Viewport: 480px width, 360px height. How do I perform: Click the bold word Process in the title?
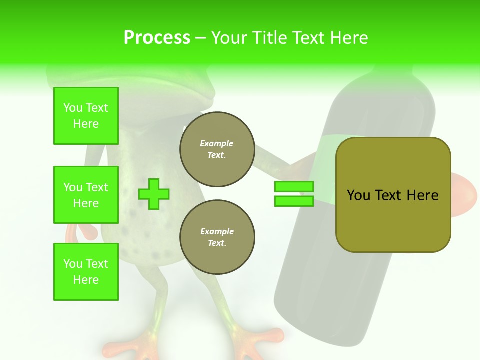(157, 38)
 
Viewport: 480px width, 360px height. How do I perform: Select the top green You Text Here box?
(86, 116)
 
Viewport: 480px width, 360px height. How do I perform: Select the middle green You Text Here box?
(86, 195)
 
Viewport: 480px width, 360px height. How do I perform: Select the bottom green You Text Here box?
(86, 272)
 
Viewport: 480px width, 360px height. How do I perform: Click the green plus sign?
(154, 194)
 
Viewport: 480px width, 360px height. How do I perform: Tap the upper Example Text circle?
(217, 149)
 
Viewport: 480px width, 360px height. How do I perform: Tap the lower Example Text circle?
(217, 237)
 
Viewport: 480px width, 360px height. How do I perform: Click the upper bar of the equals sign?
(294, 187)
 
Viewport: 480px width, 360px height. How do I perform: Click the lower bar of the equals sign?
(294, 201)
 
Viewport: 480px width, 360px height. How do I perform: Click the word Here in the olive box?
(422, 195)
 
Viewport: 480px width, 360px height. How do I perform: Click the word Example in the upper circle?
(217, 143)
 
